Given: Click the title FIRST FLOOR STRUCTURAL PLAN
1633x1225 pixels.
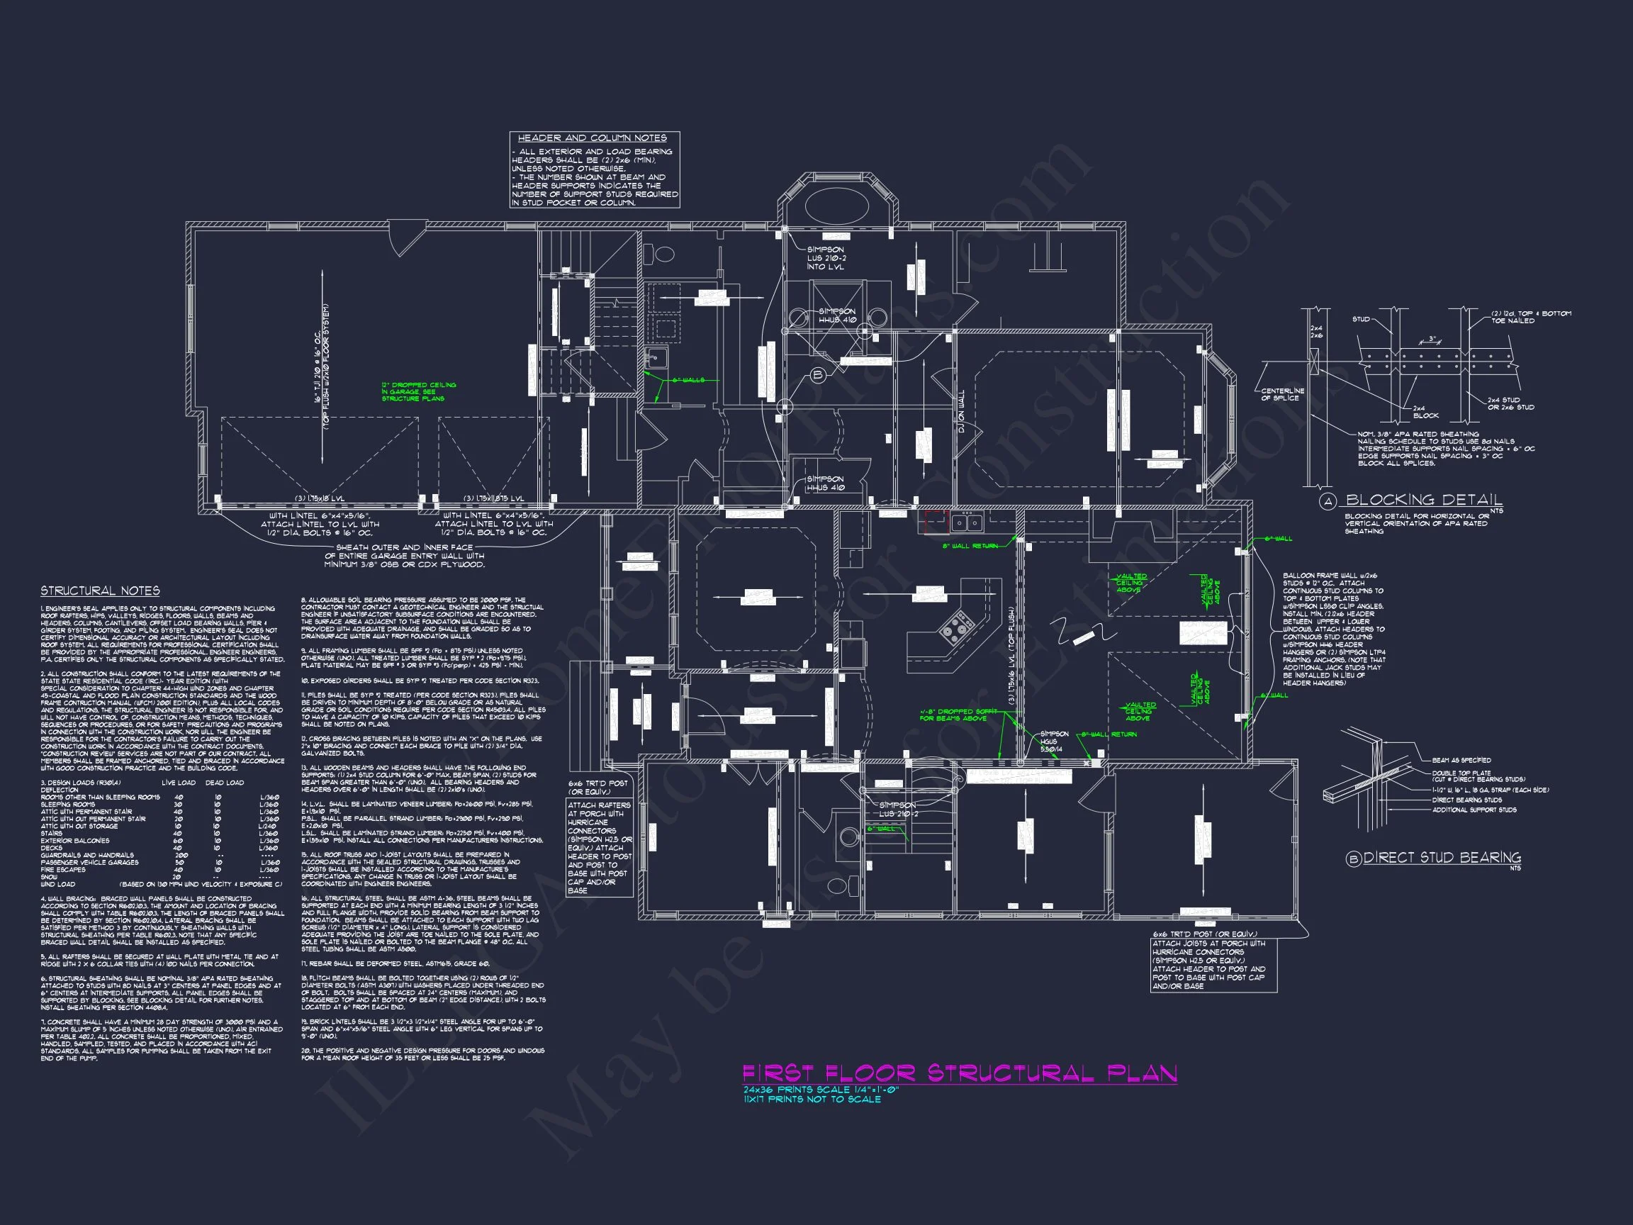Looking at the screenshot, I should pos(959,1073).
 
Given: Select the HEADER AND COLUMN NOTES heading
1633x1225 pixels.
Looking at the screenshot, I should pos(592,138).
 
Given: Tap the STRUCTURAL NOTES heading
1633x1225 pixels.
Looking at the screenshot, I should pos(100,591).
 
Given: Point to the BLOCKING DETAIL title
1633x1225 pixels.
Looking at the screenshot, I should pos(1423,500).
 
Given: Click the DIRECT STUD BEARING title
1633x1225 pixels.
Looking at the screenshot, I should pos(1442,858).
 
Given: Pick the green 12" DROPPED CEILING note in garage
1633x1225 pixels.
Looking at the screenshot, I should pos(419,391).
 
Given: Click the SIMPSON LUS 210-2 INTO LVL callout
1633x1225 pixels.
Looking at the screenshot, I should pos(826,258).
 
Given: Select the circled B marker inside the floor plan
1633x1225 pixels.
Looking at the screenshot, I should pos(817,375).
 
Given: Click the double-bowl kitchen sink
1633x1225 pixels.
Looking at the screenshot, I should pos(966,522).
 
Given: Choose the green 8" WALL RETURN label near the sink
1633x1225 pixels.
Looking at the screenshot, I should pos(970,547).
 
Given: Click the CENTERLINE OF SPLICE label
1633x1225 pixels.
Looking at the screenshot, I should pos(1282,394).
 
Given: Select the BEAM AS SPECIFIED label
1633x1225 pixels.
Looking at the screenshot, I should pos(1461,760).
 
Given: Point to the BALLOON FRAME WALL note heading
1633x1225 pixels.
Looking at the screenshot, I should pos(1330,575).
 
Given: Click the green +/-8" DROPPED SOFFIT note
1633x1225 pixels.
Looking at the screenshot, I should pos(958,715).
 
